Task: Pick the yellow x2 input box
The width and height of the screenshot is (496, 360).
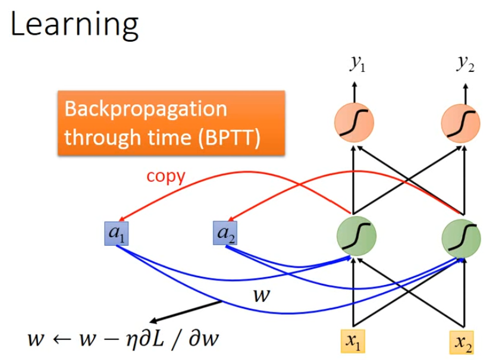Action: [x=462, y=342]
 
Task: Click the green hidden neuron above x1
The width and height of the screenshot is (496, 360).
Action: [x=356, y=234]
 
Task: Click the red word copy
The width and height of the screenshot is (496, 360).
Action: [x=167, y=176]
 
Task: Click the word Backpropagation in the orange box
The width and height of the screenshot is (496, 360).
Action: [x=146, y=109]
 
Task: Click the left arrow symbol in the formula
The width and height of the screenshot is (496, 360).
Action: [x=62, y=340]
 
